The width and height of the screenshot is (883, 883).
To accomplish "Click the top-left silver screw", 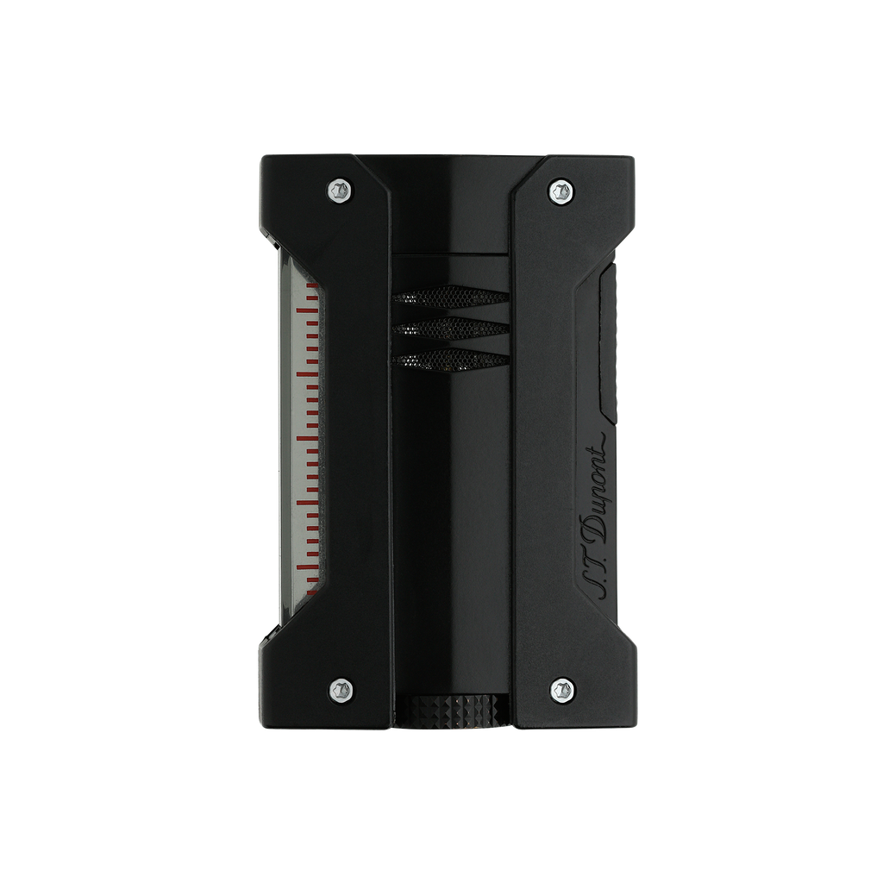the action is click(x=341, y=189).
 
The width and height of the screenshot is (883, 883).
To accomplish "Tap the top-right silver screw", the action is click(x=561, y=191).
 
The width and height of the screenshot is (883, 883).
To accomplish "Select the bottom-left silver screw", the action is click(x=341, y=689).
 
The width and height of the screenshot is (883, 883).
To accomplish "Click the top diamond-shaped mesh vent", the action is click(x=450, y=297).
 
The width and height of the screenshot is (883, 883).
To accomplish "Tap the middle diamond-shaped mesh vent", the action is click(x=450, y=329).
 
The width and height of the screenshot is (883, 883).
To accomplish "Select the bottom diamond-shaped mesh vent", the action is click(x=450, y=360).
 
